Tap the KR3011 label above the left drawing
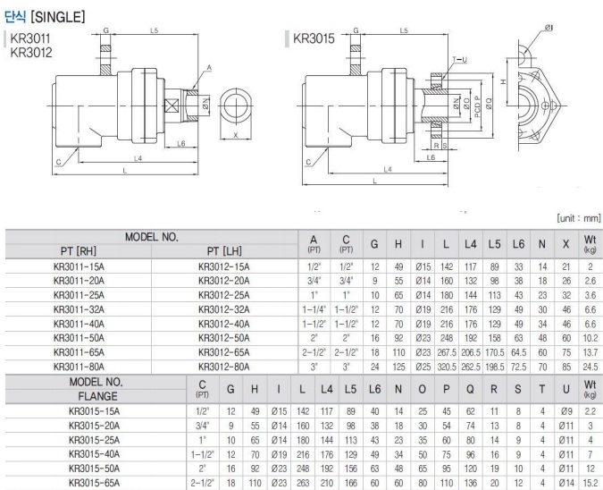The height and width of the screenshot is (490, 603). click(x=31, y=39)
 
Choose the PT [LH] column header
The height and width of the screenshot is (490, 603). click(x=226, y=251)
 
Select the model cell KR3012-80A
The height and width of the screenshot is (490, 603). click(x=226, y=366)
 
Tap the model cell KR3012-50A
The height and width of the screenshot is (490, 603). click(x=226, y=338)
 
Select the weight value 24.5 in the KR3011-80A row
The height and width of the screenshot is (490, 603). click(x=588, y=366)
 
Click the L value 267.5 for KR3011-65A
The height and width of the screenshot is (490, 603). click(x=445, y=352)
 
